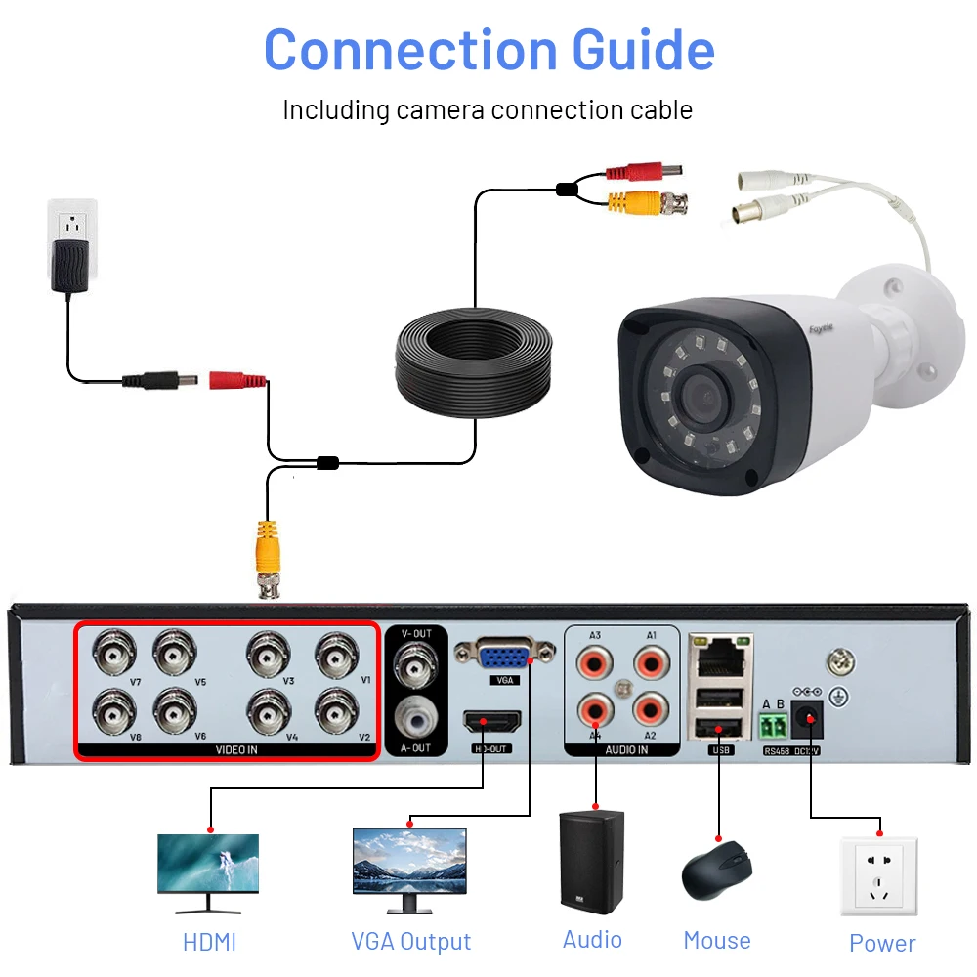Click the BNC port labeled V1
pyautogui.click(x=336, y=652)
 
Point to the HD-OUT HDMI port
pyautogui.click(x=491, y=723)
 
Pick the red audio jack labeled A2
pyautogui.click(x=650, y=708)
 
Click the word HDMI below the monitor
pyautogui.click(x=209, y=943)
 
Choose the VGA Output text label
pyautogui.click(x=410, y=942)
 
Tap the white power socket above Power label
pyautogui.click(x=878, y=875)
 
